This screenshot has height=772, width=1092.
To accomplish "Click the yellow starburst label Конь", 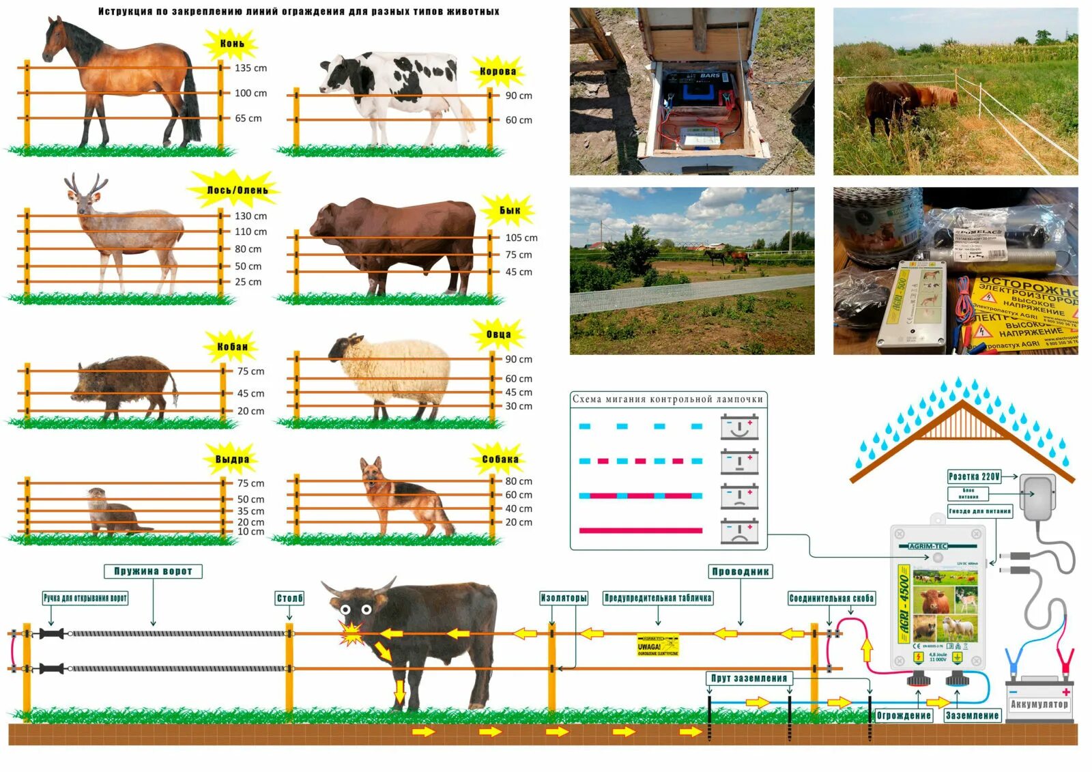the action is click(x=232, y=44).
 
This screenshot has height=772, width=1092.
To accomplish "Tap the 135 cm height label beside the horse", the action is click(x=250, y=68).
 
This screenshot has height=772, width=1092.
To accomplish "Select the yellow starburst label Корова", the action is click(x=498, y=72).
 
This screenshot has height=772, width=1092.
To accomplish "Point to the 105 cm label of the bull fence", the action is click(x=521, y=238).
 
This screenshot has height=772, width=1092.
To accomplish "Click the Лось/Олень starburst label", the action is click(x=237, y=190).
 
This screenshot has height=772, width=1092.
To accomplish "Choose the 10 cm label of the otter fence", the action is click(x=250, y=532).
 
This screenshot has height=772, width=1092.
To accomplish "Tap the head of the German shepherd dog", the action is click(x=372, y=471).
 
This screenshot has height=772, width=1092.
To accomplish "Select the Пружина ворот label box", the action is click(x=153, y=571).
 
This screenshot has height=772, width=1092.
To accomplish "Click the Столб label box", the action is click(x=289, y=599).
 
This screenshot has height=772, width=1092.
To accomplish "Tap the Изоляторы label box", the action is click(x=563, y=599).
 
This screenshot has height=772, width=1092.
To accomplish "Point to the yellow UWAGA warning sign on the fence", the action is click(x=657, y=644).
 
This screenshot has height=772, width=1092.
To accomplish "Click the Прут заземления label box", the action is click(x=749, y=678).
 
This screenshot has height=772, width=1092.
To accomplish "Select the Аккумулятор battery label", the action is click(x=1039, y=704).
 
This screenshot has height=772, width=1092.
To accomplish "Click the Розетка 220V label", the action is click(x=974, y=476).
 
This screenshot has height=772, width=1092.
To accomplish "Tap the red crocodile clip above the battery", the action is click(x=1063, y=660).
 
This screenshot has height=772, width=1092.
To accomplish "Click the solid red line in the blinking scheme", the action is click(x=640, y=530).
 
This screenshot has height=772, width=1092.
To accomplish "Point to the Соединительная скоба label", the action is click(x=831, y=599).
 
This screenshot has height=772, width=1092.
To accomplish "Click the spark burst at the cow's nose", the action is click(x=351, y=633).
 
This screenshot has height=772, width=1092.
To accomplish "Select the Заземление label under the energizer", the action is click(x=972, y=716).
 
